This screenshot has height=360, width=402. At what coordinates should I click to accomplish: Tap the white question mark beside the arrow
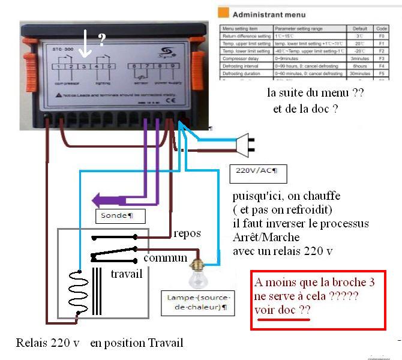pyautogui.click(x=102, y=40)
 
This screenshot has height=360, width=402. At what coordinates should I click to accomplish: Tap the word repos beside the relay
pyautogui.click(x=187, y=233)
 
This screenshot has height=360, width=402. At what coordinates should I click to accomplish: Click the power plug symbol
pyautogui.click(x=247, y=143)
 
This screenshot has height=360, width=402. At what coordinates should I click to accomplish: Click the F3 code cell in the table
pyautogui.click(x=381, y=58)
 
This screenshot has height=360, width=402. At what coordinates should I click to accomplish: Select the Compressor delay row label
pyautogui.click(x=242, y=58)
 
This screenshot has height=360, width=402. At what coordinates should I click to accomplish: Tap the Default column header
pyautogui.click(x=360, y=29)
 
